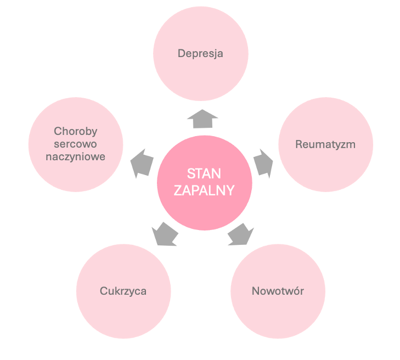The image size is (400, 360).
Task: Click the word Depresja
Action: [200, 54]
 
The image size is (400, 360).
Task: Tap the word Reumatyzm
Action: [325, 145]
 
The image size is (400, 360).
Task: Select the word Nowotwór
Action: [278, 291]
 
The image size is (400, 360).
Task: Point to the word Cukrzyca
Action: [123, 291]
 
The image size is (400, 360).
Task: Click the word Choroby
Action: [76, 131]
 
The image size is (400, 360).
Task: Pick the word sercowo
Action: [76, 144]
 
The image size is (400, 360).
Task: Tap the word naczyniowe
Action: [76, 156]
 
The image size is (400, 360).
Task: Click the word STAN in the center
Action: [204, 174]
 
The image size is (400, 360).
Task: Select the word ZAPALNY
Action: [204, 190]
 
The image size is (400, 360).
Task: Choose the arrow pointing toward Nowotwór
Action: [240, 234]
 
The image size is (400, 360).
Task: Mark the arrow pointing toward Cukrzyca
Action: [165, 234]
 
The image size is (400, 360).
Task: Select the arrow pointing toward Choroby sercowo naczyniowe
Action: [142, 163]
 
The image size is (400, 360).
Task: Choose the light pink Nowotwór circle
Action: [278, 316]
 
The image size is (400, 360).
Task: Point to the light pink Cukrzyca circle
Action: [123, 316]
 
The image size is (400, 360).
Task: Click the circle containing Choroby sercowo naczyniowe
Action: [76, 176]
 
